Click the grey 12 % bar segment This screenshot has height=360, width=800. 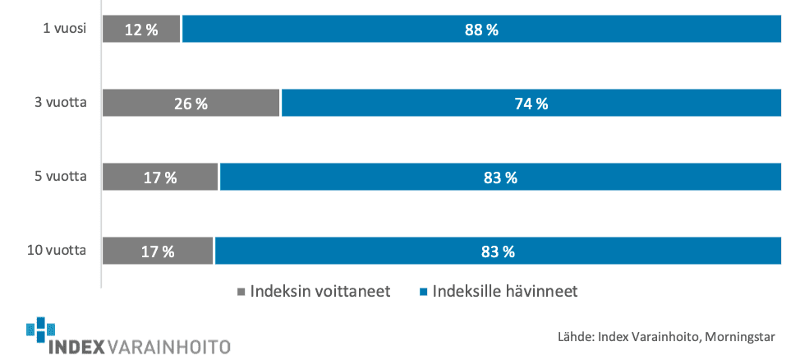click(141, 29)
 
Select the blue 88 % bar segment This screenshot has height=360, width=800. click(481, 29)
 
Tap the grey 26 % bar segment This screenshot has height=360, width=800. click(191, 103)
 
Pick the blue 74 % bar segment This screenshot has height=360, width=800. click(531, 103)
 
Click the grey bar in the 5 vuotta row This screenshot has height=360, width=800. click(160, 178)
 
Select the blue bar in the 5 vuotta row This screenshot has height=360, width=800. click(500, 178)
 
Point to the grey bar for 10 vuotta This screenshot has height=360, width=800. click(158, 251)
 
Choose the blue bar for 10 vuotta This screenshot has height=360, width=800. click(498, 251)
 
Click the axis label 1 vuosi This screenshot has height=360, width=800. click(64, 29)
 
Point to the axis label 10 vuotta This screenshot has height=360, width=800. click(56, 251)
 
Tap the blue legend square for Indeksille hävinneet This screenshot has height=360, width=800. click(424, 292)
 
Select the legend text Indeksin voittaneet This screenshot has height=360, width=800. click(320, 292)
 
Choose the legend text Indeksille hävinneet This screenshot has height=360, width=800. click(505, 292)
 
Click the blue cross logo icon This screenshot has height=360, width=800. click(40, 330)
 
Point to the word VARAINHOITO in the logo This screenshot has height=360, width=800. click(169, 347)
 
